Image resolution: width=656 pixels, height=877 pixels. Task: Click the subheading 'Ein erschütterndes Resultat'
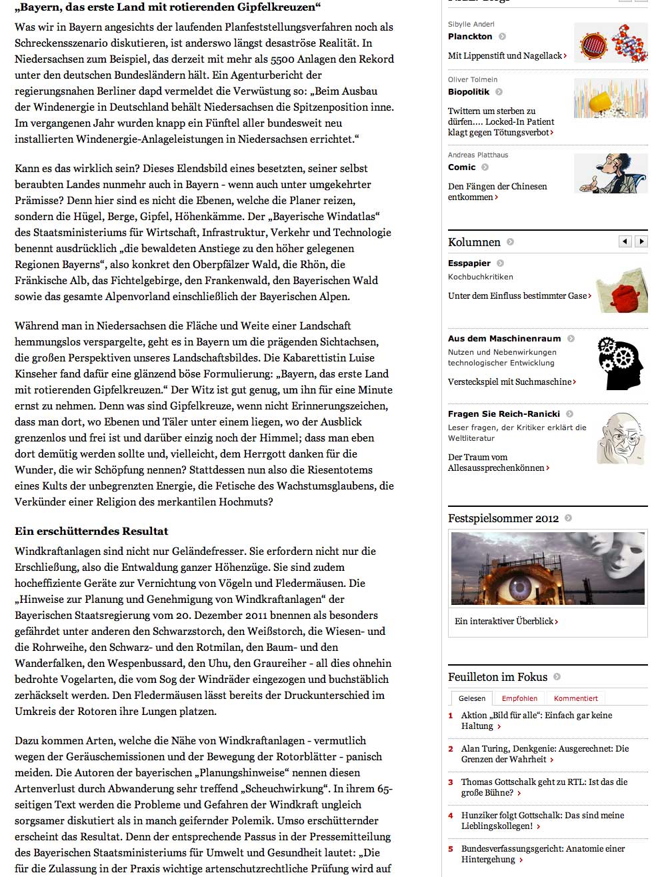click(x=91, y=532)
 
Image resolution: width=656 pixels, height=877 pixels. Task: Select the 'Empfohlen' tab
click(x=519, y=698)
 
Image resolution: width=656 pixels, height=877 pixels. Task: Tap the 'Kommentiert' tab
click(x=576, y=698)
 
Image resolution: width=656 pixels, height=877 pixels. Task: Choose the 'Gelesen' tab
click(x=472, y=698)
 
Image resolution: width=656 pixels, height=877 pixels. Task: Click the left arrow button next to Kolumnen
click(x=625, y=241)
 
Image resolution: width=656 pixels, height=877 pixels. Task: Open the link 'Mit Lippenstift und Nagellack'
click(x=507, y=56)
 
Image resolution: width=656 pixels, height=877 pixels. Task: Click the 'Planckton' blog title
click(x=470, y=37)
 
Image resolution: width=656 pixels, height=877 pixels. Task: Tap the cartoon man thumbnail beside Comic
click(x=610, y=173)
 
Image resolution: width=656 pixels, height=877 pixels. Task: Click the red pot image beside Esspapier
click(x=621, y=291)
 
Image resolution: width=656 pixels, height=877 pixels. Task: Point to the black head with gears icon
click(x=620, y=363)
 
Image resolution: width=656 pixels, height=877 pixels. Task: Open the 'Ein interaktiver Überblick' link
click(x=505, y=621)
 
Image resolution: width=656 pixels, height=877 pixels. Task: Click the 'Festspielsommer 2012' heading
click(x=503, y=518)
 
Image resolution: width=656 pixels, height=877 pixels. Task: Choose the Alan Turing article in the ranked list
click(x=545, y=754)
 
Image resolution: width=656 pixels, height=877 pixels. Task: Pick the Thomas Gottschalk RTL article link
click(x=544, y=787)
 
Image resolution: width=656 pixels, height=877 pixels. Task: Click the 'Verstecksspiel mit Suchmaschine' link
click(x=511, y=381)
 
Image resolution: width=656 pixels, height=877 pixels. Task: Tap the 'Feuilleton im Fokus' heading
click(x=497, y=677)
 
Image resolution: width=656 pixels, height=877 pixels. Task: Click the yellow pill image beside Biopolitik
click(x=610, y=99)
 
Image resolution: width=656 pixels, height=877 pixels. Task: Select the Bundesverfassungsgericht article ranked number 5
click(x=543, y=854)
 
